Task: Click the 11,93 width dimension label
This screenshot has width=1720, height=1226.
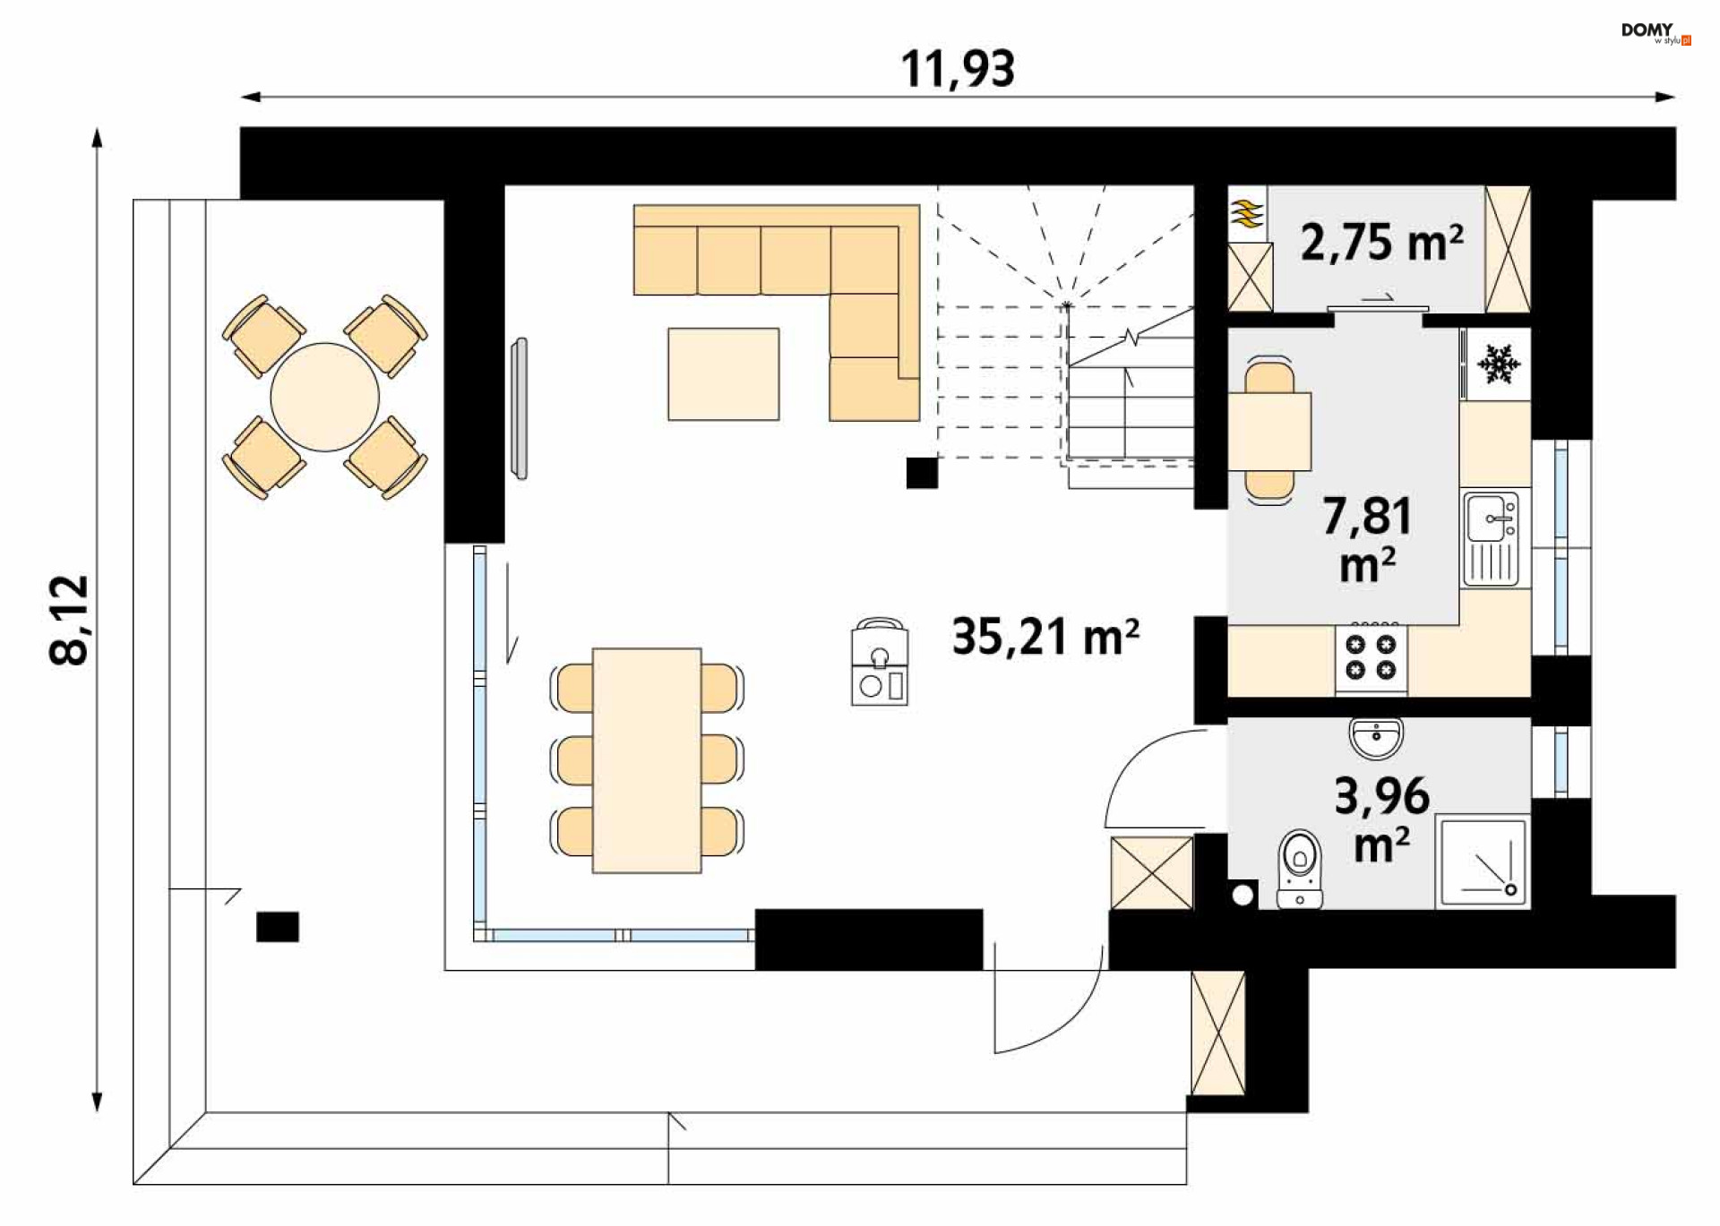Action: [x=958, y=69]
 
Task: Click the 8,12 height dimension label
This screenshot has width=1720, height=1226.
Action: [x=70, y=620]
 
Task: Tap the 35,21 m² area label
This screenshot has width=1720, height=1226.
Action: [x=1045, y=637]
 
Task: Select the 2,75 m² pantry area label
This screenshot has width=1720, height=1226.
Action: [x=1382, y=242]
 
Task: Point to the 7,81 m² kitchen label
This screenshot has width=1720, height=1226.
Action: [x=1367, y=540]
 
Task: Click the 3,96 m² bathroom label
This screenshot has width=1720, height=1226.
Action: [x=1381, y=819]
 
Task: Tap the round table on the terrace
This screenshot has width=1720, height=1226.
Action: [x=324, y=397]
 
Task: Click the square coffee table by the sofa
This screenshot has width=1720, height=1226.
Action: [x=723, y=373]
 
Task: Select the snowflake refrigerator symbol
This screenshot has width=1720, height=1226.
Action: [x=1498, y=364]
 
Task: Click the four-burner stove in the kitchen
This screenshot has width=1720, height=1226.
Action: [x=1371, y=658]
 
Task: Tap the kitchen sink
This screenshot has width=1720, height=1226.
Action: [x=1491, y=537]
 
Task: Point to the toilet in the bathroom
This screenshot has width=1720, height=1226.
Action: [x=1300, y=869]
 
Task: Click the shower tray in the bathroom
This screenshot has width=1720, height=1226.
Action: [x=1482, y=861]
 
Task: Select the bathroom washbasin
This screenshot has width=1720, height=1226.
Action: [x=1376, y=738]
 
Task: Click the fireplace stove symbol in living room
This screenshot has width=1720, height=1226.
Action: [x=880, y=661]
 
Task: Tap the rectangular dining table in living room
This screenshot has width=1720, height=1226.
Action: [x=647, y=760]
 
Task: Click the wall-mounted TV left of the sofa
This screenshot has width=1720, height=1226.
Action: [x=519, y=408]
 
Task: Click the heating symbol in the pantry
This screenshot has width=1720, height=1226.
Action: [x=1247, y=214]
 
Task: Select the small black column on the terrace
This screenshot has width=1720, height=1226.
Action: [x=278, y=927]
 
